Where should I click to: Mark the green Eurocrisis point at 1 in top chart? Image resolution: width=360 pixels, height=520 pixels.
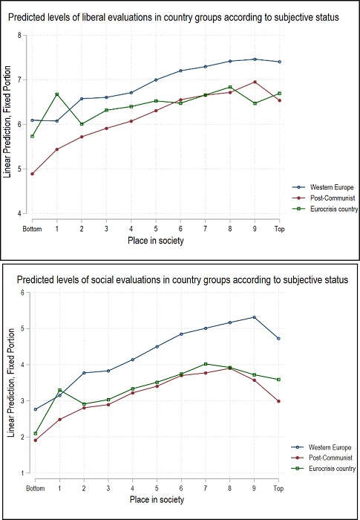point(57,94)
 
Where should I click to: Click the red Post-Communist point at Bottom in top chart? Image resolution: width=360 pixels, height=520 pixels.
point(33,173)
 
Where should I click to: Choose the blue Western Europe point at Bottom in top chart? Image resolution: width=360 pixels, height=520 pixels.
point(33,120)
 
